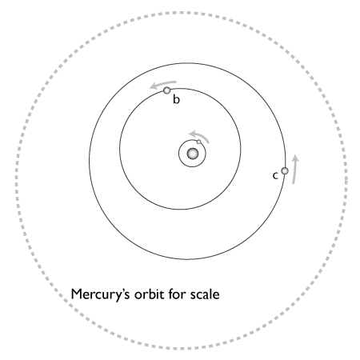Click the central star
(193, 154)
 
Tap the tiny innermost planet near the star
(198, 142)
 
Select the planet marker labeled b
(167, 90)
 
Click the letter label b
(176, 99)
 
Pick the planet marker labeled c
(285, 170)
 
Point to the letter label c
(275, 176)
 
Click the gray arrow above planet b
(162, 84)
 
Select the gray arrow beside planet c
(294, 169)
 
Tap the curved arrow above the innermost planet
(199, 135)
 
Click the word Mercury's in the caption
(101, 295)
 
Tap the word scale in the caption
(205, 294)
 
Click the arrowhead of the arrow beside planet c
(295, 158)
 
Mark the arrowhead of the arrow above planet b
(154, 86)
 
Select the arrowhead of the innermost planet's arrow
(192, 134)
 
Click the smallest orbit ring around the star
(178, 154)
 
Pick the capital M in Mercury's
(76, 294)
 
